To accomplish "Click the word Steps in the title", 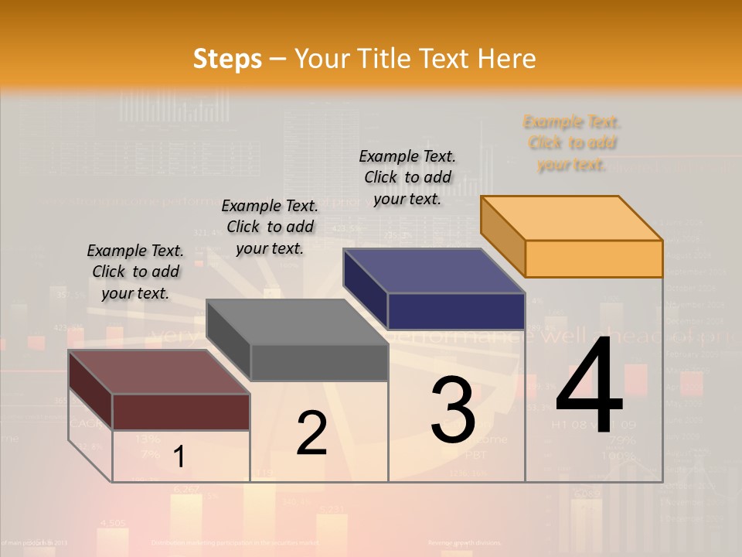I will click(x=227, y=59).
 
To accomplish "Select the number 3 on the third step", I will click(x=453, y=410).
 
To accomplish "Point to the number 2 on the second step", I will click(x=311, y=433).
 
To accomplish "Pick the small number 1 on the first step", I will click(x=179, y=457).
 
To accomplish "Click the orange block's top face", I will click(x=572, y=218).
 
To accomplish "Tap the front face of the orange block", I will click(x=594, y=258).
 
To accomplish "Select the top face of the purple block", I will click(x=434, y=271).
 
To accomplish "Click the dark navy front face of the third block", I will click(x=456, y=311).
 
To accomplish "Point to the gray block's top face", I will click(x=298, y=322).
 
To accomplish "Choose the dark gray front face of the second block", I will click(x=319, y=362).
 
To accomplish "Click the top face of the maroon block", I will click(x=159, y=372).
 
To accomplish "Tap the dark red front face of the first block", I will click(x=181, y=412).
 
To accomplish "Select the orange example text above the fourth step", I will click(x=572, y=142).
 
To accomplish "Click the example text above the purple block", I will click(x=407, y=177).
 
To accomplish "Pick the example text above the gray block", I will click(x=270, y=227).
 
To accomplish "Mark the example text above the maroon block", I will click(x=135, y=272).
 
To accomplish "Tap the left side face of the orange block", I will click(x=502, y=236).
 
